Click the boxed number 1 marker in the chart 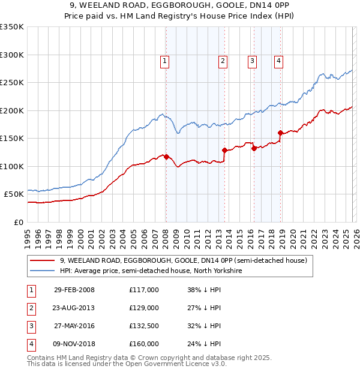(164, 60)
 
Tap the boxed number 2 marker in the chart (223, 60)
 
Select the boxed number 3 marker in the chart (251, 60)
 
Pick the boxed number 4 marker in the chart (279, 60)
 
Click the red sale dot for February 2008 (166, 157)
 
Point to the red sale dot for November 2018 (280, 133)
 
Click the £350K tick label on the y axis (11, 27)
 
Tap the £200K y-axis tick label (11, 110)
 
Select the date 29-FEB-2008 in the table (74, 290)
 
